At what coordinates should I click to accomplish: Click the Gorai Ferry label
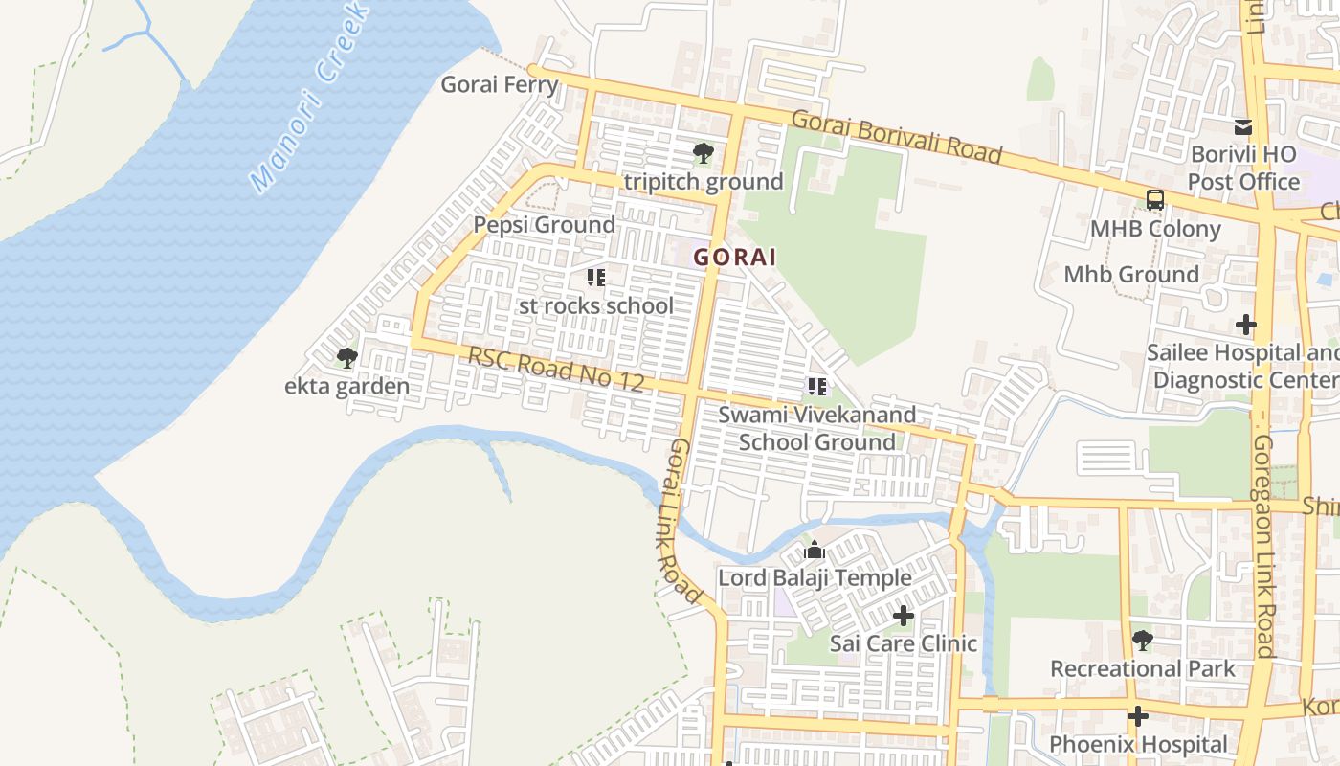coord(499,84)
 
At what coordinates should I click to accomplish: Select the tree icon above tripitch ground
coord(703,152)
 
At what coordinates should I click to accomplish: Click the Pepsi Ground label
coord(545,225)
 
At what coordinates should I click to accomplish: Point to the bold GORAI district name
coord(735,257)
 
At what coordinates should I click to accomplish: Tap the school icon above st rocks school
coord(596,278)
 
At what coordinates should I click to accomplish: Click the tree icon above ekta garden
coord(346,358)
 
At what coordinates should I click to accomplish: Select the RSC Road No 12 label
coord(555,369)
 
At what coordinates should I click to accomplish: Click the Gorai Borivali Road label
coord(897,137)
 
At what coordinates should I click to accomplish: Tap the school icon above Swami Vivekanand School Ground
coord(817,387)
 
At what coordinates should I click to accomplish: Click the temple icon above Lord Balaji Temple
coord(815,551)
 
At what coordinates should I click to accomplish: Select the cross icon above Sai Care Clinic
coord(903,616)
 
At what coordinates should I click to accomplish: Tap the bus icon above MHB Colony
coord(1155,200)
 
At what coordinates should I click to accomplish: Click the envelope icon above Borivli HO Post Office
coord(1242,126)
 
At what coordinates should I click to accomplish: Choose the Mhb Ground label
coord(1131,275)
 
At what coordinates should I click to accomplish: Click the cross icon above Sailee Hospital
coord(1245,325)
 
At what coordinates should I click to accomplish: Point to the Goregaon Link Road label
coord(1264,546)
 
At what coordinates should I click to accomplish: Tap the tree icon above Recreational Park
coord(1142,640)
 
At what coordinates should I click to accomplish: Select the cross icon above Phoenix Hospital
coord(1137,715)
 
